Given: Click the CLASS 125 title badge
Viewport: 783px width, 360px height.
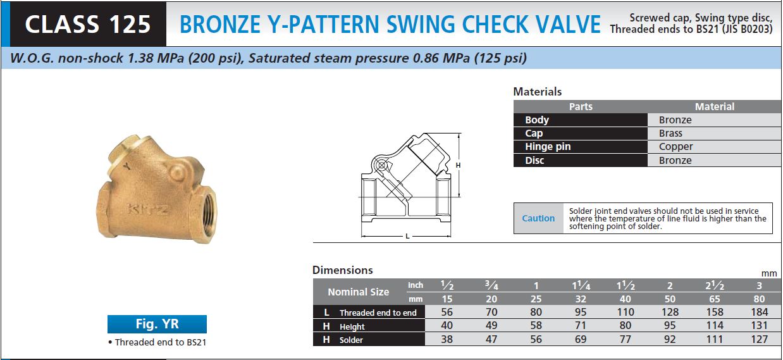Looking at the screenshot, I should click(x=88, y=23).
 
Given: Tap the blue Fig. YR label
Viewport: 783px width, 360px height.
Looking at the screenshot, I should click(x=157, y=325).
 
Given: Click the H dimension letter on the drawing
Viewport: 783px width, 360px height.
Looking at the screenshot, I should click(x=457, y=165).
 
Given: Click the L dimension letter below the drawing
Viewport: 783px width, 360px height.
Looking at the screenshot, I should click(x=407, y=237).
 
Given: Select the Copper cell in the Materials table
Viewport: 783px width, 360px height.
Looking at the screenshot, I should click(x=675, y=147).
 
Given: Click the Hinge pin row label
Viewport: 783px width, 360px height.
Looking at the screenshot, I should click(x=548, y=147).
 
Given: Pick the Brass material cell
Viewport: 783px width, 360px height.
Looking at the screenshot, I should click(x=670, y=133).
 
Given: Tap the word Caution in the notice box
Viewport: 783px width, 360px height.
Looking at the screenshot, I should click(x=538, y=218).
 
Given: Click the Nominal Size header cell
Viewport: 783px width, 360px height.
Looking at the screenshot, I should click(x=358, y=292).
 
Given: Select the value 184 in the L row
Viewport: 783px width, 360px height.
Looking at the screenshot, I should click(x=759, y=312).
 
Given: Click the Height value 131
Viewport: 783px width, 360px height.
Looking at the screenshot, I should click(x=759, y=326).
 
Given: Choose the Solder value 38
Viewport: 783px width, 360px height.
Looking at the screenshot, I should click(x=447, y=339).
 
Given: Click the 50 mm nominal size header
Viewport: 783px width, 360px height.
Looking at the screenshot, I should click(x=670, y=299).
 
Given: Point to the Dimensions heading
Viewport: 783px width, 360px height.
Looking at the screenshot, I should click(x=342, y=270).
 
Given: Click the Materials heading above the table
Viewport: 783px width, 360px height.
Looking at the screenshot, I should click(x=537, y=92).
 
